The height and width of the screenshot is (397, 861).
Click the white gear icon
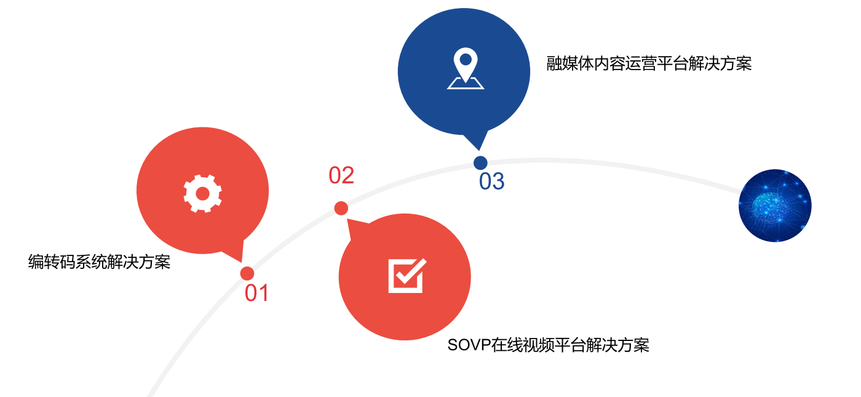point(202,193)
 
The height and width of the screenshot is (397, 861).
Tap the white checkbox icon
point(407,275)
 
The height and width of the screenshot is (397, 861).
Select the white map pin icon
point(466,68)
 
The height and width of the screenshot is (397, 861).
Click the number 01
point(257,293)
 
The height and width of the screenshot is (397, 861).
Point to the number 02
point(341,175)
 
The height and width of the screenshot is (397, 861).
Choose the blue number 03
point(491,182)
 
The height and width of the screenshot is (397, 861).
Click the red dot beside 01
point(247,273)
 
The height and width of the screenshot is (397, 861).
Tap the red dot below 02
point(341,208)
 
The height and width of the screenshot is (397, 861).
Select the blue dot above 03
point(480,162)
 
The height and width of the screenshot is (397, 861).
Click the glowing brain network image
point(775,206)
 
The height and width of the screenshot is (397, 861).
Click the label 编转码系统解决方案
point(99,262)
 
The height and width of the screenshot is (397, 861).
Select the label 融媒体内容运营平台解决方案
point(649,63)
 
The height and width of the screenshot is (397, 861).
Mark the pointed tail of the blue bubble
point(478,144)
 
